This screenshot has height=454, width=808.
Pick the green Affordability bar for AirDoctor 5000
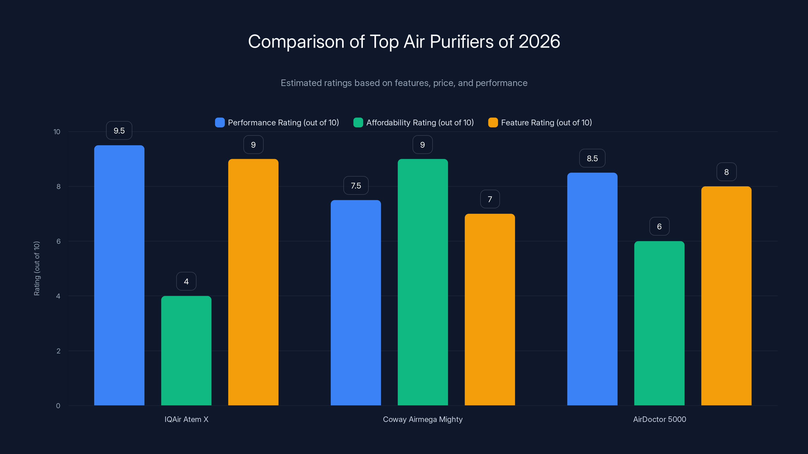659,323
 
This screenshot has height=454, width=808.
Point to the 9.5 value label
119,131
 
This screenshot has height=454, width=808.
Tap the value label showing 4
186,281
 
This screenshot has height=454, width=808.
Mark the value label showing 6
659,226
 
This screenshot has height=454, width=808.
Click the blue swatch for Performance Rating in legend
220,123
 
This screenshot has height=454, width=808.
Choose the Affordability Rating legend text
420,123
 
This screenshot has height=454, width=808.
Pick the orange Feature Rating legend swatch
493,123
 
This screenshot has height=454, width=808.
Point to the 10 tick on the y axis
57,132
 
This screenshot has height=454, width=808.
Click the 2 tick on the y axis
58,351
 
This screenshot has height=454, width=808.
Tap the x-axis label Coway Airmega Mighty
422,419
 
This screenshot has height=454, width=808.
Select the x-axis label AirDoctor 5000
659,419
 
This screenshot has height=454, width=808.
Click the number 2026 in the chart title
539,41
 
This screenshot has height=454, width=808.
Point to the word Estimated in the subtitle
301,83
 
